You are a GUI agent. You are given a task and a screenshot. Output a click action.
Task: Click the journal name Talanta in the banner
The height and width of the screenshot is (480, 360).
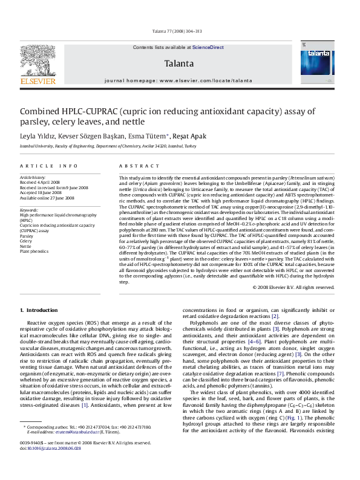[x=178, y=63]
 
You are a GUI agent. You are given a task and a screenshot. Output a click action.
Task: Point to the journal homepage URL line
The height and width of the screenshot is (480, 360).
[x=178, y=80]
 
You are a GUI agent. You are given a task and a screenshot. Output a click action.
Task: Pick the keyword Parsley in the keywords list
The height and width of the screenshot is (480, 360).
[x=27, y=236]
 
